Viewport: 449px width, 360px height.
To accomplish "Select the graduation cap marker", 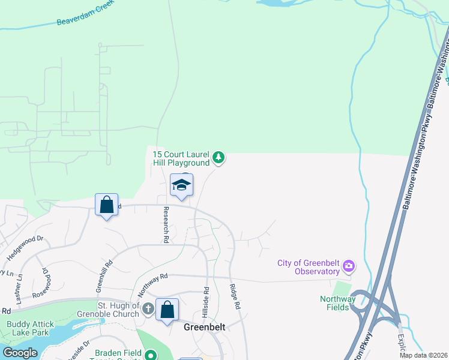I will (x=181, y=185).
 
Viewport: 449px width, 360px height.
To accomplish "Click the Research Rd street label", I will (x=165, y=225).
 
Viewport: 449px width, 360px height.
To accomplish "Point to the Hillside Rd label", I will (x=206, y=297).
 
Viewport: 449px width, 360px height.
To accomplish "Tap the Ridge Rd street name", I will (x=235, y=296).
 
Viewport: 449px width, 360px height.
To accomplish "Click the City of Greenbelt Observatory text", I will (x=309, y=267).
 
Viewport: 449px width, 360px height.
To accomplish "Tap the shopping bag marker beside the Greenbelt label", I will (x=167, y=310).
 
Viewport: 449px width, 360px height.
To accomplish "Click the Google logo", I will (x=20, y=352).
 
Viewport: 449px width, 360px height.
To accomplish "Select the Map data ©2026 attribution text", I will (x=423, y=355).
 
